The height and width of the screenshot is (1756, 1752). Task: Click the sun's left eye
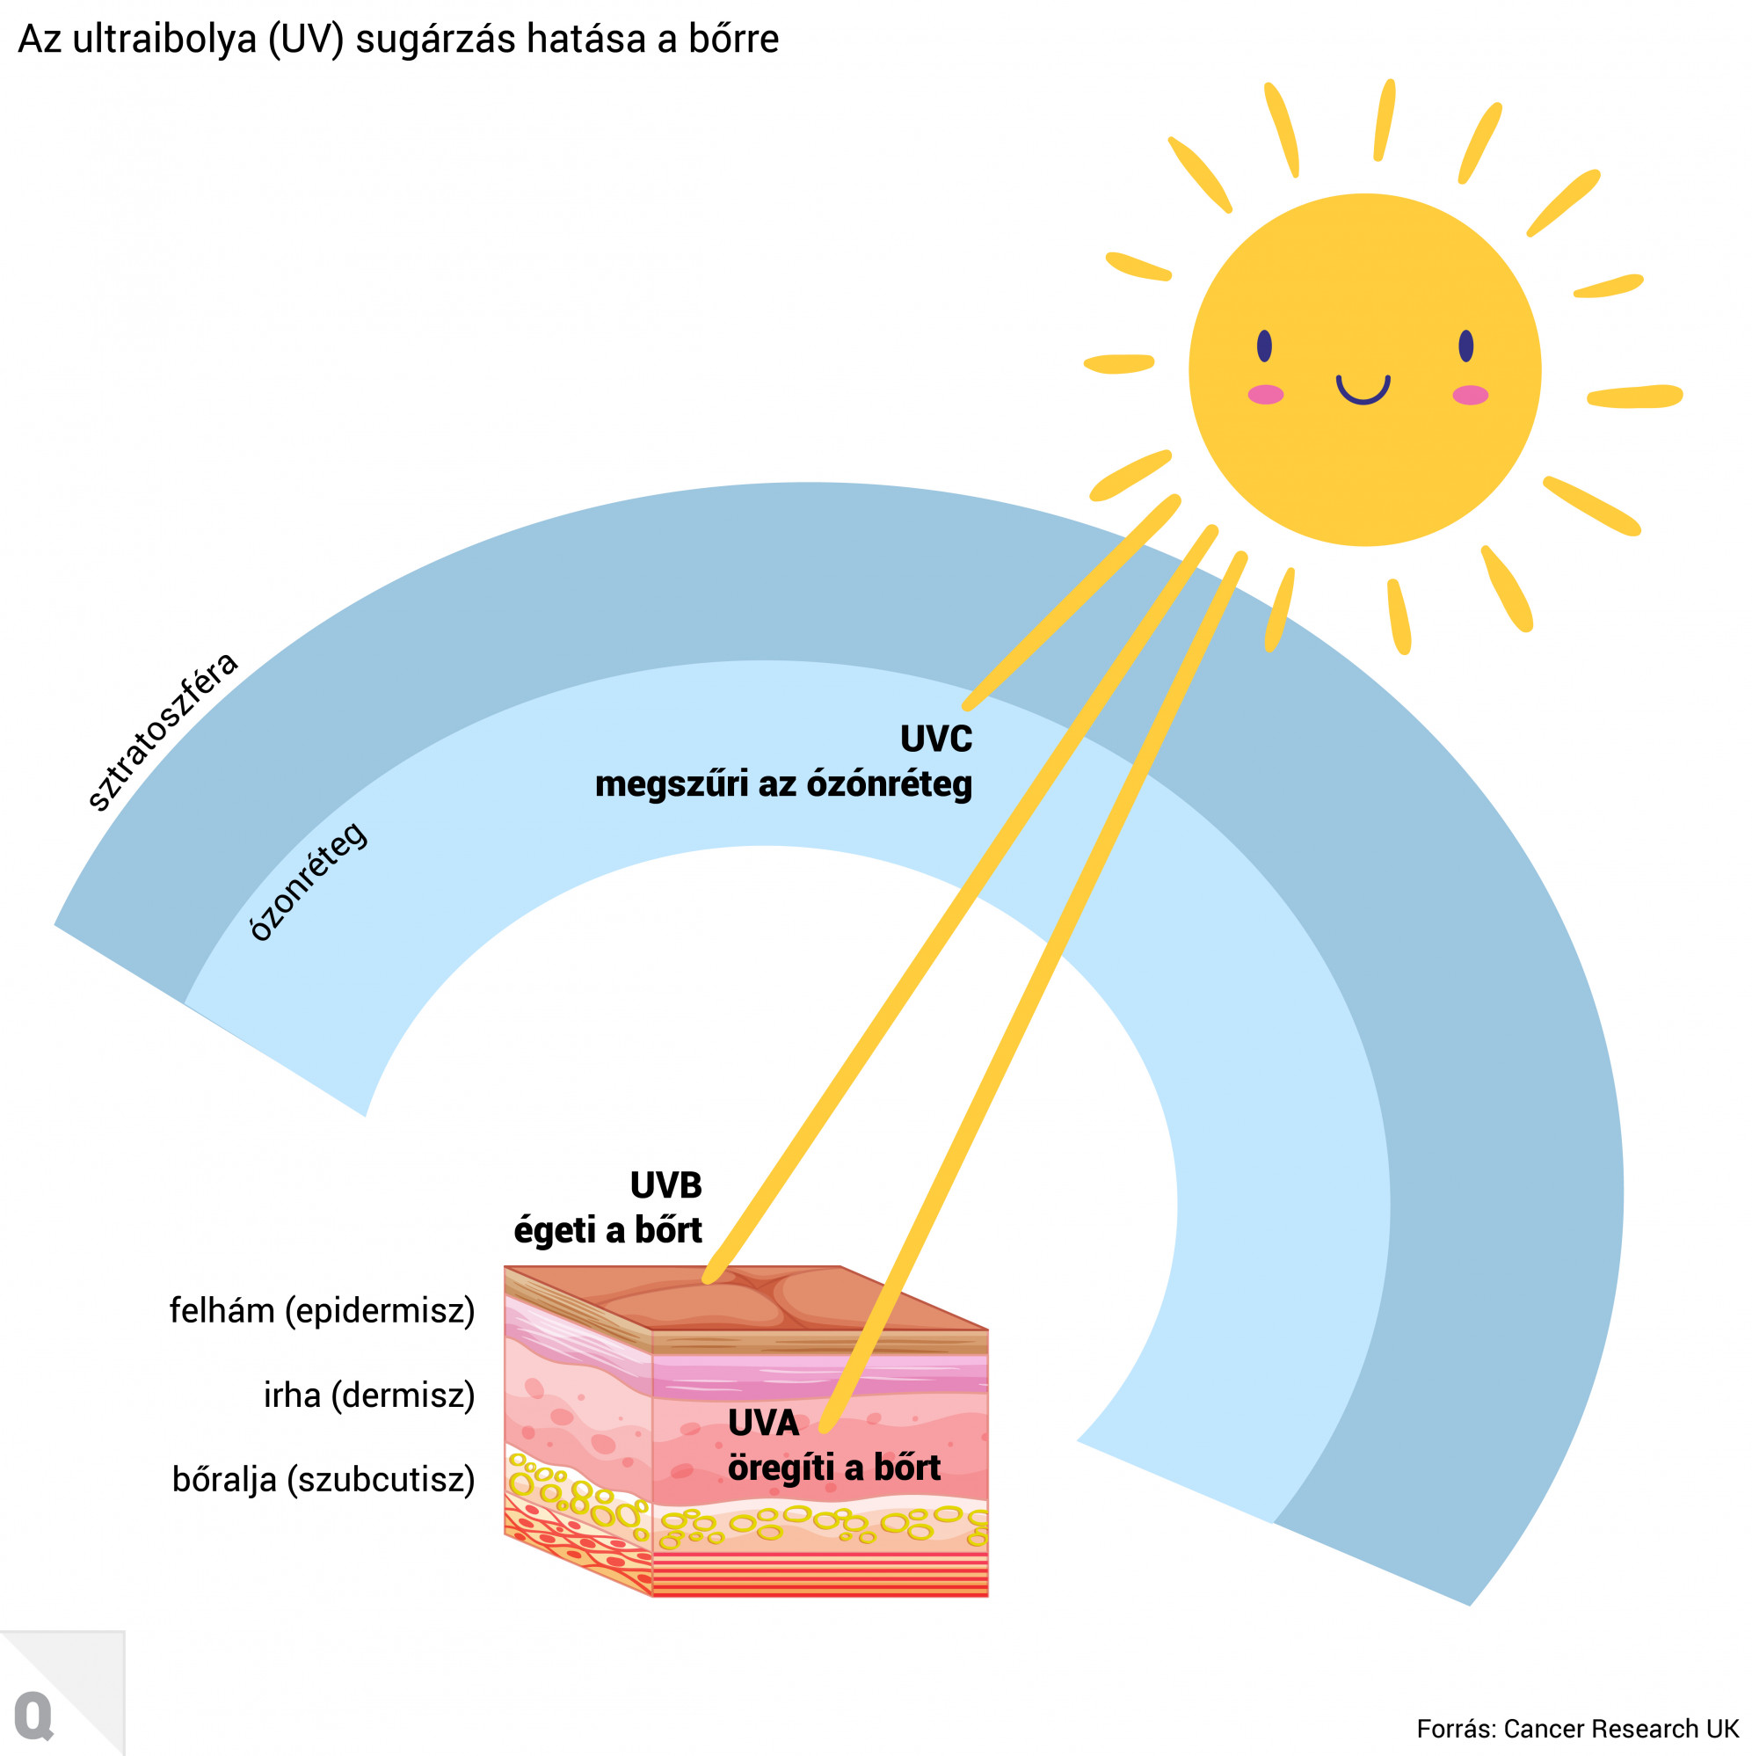click(x=1264, y=346)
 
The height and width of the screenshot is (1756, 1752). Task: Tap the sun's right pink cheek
click(x=1470, y=395)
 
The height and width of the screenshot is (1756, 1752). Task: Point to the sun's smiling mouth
click(x=1363, y=390)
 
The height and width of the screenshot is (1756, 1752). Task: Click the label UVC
click(x=935, y=738)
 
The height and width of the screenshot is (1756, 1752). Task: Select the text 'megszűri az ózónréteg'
click(x=782, y=783)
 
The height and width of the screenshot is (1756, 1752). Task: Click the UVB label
click(x=665, y=1185)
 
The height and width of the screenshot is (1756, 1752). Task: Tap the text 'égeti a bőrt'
click(x=607, y=1230)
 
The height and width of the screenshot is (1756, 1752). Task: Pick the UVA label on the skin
click(x=762, y=1423)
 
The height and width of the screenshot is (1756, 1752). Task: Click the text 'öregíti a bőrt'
click(x=833, y=1467)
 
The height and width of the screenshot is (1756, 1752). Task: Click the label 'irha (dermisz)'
click(x=369, y=1395)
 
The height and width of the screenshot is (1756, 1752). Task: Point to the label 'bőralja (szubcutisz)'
click(x=323, y=1479)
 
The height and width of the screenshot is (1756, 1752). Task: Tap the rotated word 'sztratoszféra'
click(x=162, y=731)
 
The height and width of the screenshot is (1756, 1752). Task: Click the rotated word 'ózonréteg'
click(x=308, y=881)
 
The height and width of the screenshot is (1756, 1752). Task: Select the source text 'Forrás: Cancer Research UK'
click(x=1576, y=1728)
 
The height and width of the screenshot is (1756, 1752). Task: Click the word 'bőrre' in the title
click(x=732, y=39)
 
